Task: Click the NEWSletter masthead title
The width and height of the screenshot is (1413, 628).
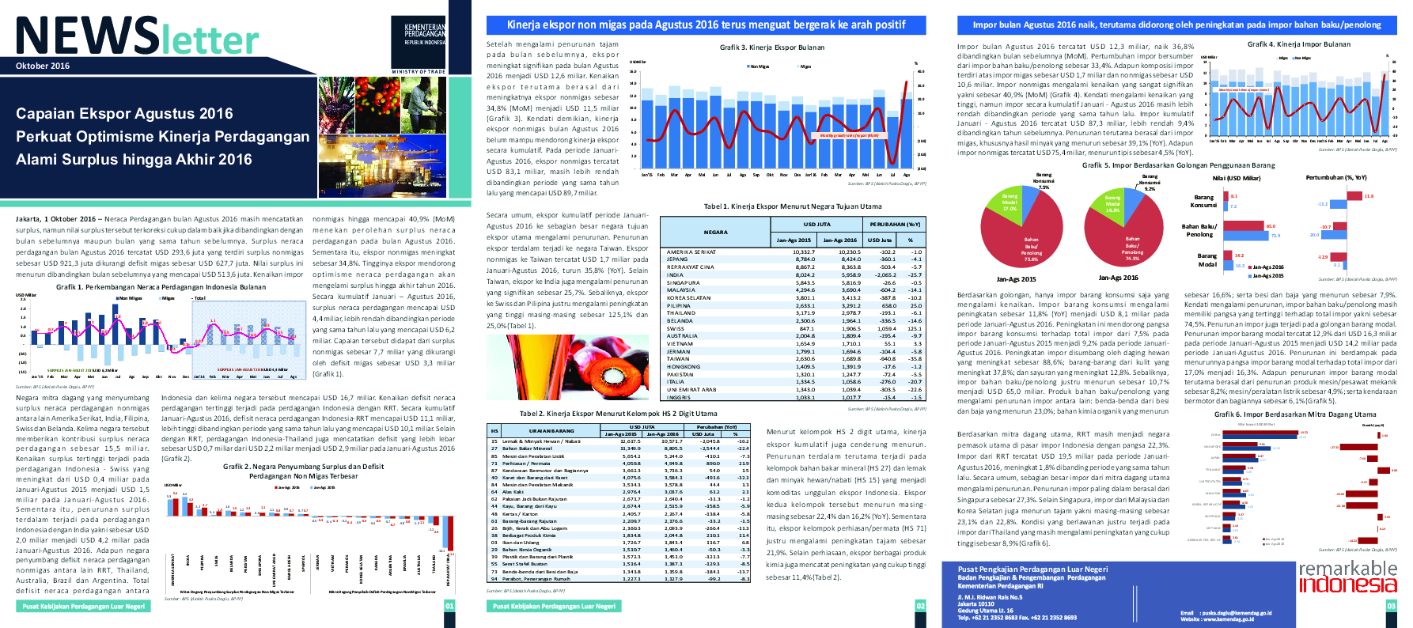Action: (x=137, y=36)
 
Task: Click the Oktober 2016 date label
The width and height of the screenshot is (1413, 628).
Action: (x=43, y=66)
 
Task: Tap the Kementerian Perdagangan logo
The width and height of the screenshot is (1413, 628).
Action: (x=425, y=35)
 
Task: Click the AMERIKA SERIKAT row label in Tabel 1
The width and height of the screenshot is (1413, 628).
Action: (x=691, y=252)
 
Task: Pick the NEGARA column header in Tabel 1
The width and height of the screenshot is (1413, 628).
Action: (x=715, y=232)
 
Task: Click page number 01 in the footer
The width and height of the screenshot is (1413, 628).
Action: (x=449, y=606)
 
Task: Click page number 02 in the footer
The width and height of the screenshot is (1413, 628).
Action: (x=920, y=606)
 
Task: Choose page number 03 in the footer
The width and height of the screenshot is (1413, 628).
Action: (x=1392, y=606)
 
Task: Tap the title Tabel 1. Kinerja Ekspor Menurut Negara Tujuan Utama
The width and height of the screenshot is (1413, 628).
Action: (x=792, y=206)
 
